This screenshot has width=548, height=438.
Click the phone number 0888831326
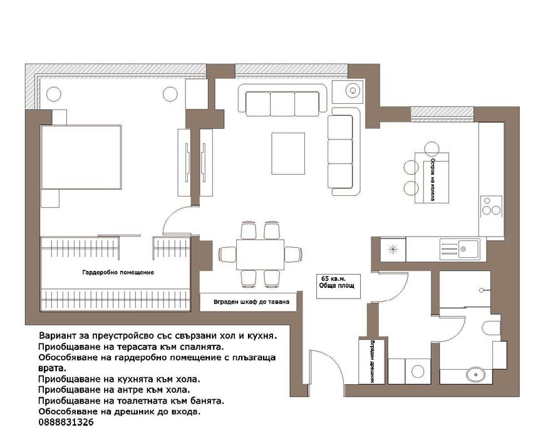coord(66,422)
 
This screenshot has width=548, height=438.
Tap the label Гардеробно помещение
coord(118,272)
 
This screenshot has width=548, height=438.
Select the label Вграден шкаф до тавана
coord(251,302)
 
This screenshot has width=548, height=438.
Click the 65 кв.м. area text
coord(333,278)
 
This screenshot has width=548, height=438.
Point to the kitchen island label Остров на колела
coord(433,180)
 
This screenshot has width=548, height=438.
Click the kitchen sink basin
coord(468,249)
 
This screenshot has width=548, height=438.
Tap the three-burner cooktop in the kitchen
coord(491,206)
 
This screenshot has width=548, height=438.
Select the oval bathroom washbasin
coord(475,375)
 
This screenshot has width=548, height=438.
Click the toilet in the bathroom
coord(490,328)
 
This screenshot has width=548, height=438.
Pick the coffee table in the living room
coord(288,153)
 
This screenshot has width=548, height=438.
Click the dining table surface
coord(260,254)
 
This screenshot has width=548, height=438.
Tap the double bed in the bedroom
coord(81,157)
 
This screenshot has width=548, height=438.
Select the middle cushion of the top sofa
coord(282,104)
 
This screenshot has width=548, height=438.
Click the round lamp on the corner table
coord(353,91)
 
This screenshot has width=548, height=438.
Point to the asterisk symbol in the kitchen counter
coord(393,250)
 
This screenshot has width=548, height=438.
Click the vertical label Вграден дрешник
coord(373,362)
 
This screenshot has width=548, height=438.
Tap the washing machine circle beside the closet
coord(418,371)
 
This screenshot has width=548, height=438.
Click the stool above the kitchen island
coord(432,149)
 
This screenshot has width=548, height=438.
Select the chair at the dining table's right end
coord(293,254)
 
